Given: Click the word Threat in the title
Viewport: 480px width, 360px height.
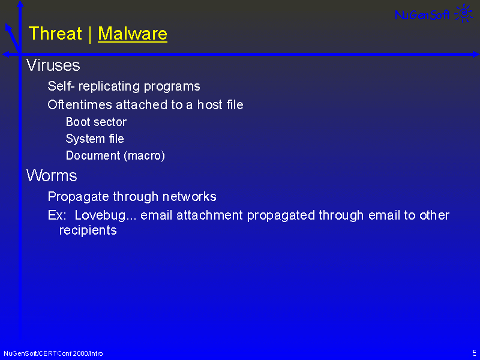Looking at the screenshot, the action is coord(55,33).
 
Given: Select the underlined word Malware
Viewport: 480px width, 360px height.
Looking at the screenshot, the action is coord(133,34).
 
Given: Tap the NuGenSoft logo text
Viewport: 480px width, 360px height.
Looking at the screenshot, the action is coord(422,14).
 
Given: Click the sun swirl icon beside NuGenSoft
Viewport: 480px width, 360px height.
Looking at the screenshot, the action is coord(464,13).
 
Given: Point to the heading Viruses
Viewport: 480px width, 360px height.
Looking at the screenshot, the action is coord(53,65).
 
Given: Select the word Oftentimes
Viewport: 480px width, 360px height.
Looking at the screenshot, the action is coord(80,104).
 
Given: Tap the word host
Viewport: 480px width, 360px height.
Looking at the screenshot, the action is coord(209,104).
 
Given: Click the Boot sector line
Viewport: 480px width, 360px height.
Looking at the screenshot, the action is coord(96,122).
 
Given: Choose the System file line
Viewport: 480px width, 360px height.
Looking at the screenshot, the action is coord(95,139).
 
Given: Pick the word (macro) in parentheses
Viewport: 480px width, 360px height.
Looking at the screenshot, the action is coord(145,155).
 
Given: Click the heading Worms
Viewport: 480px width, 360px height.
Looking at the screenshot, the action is coord(52,176).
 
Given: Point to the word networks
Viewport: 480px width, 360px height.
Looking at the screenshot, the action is coord(189,197).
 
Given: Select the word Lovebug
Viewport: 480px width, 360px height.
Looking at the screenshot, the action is coord(100,215).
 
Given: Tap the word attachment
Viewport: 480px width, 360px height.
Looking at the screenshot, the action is coord(209,215).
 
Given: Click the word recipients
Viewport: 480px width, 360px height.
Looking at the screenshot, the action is coord(88,230).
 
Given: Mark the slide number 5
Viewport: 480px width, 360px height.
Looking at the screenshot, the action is coord(474,353).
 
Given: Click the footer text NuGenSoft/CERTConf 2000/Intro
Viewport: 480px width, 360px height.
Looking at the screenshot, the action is coord(53,353).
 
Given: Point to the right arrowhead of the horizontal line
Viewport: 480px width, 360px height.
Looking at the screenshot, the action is coord(476,54).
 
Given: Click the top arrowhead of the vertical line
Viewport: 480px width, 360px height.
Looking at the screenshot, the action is coord(20,4).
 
